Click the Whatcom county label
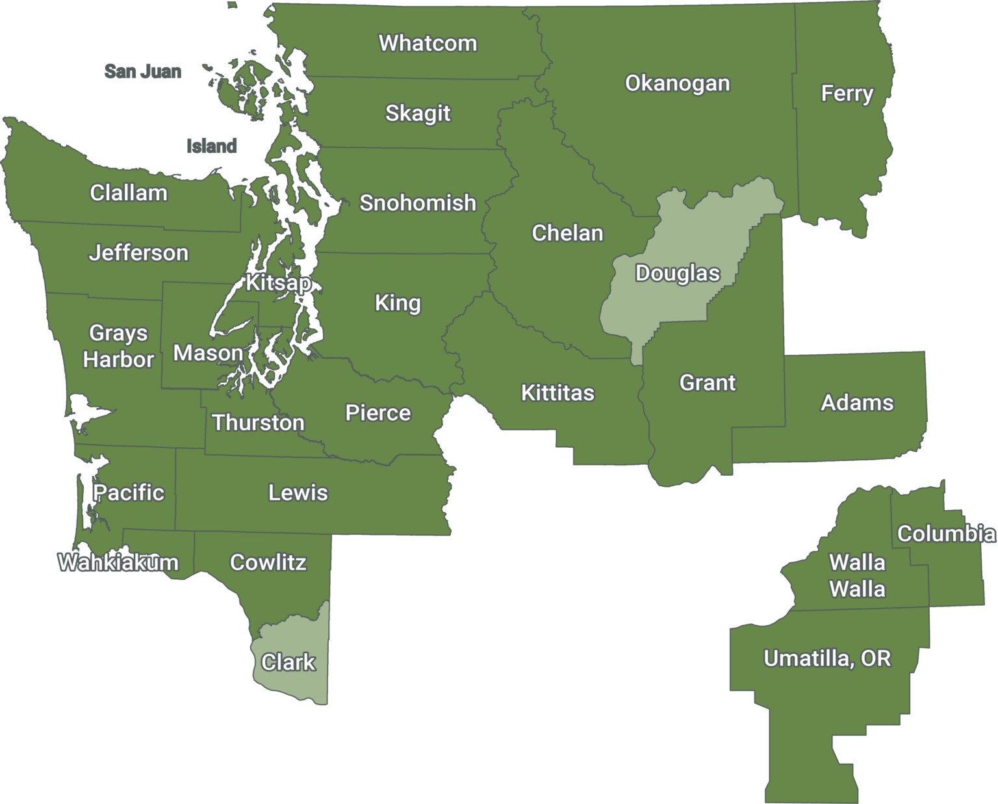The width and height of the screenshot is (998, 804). (x=428, y=43)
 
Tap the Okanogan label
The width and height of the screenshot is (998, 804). (x=677, y=83)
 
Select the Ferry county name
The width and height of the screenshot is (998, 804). (x=847, y=93)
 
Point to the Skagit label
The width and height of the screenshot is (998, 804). (x=418, y=113)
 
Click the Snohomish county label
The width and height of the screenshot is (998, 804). (x=418, y=203)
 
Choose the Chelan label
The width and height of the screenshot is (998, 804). (x=567, y=233)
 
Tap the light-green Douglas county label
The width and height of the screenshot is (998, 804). (x=677, y=273)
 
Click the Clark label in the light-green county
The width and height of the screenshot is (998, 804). (x=288, y=662)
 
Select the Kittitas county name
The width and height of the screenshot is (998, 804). (x=557, y=393)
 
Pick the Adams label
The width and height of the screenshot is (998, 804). (x=857, y=402)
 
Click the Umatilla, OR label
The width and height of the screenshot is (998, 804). (x=826, y=658)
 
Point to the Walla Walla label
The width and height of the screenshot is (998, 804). (x=857, y=576)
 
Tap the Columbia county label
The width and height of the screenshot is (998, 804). (x=946, y=534)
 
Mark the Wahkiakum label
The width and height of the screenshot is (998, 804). (x=118, y=562)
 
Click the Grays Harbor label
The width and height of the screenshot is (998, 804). (x=118, y=346)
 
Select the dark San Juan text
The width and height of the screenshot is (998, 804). (x=143, y=71)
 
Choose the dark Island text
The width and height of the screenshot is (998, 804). (x=212, y=146)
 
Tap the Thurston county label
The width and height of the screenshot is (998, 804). (x=258, y=422)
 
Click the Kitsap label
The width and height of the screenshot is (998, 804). (x=278, y=283)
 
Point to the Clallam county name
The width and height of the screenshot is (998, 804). (x=129, y=192)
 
